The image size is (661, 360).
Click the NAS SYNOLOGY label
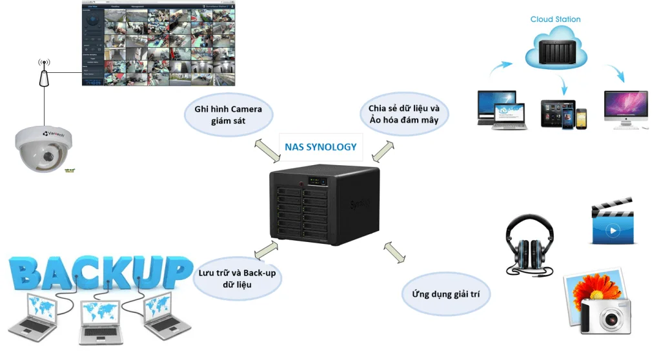pyautogui.click(x=320, y=147)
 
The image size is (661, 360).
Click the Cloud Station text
pyautogui.click(x=555, y=19)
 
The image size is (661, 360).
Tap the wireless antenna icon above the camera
pyautogui.click(x=44, y=74)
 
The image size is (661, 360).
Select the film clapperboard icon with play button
pyautogui.click(x=612, y=223)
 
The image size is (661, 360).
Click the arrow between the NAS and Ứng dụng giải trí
pyautogui.click(x=395, y=252)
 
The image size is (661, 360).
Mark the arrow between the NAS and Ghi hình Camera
pyautogui.click(x=266, y=148)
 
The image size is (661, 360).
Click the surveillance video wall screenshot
pyautogui.click(x=159, y=44)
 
